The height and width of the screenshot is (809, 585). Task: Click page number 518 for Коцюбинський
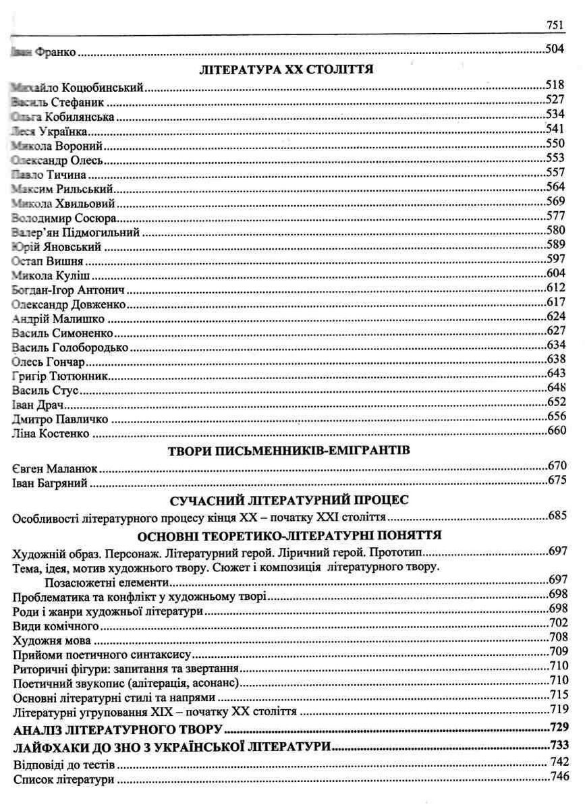[555, 85]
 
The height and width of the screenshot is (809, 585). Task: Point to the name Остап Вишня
[47, 261]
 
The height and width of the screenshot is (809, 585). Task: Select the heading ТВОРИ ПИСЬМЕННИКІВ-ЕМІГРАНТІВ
[288, 449]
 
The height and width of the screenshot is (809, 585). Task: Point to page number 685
[557, 517]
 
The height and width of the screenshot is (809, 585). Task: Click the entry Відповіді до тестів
[63, 766]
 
